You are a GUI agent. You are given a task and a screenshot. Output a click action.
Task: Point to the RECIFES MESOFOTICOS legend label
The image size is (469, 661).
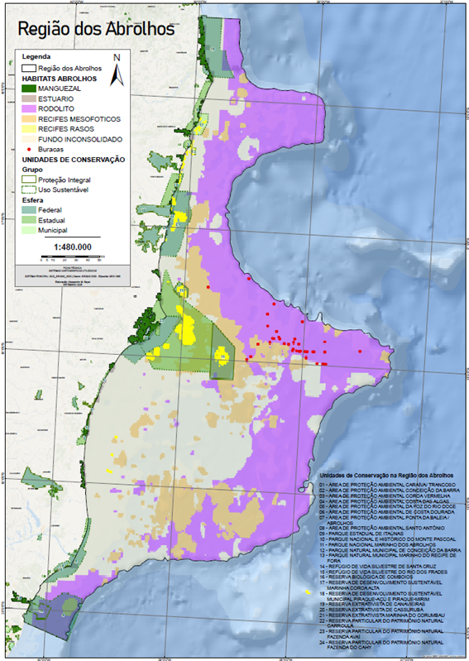pos(87,118)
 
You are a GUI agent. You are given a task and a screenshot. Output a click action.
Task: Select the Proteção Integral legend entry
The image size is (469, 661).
pos(74,178)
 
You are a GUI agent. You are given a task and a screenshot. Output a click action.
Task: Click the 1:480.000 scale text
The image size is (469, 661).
pos(74,247)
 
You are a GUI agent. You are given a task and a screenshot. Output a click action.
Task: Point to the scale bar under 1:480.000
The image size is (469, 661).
pos(74,256)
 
